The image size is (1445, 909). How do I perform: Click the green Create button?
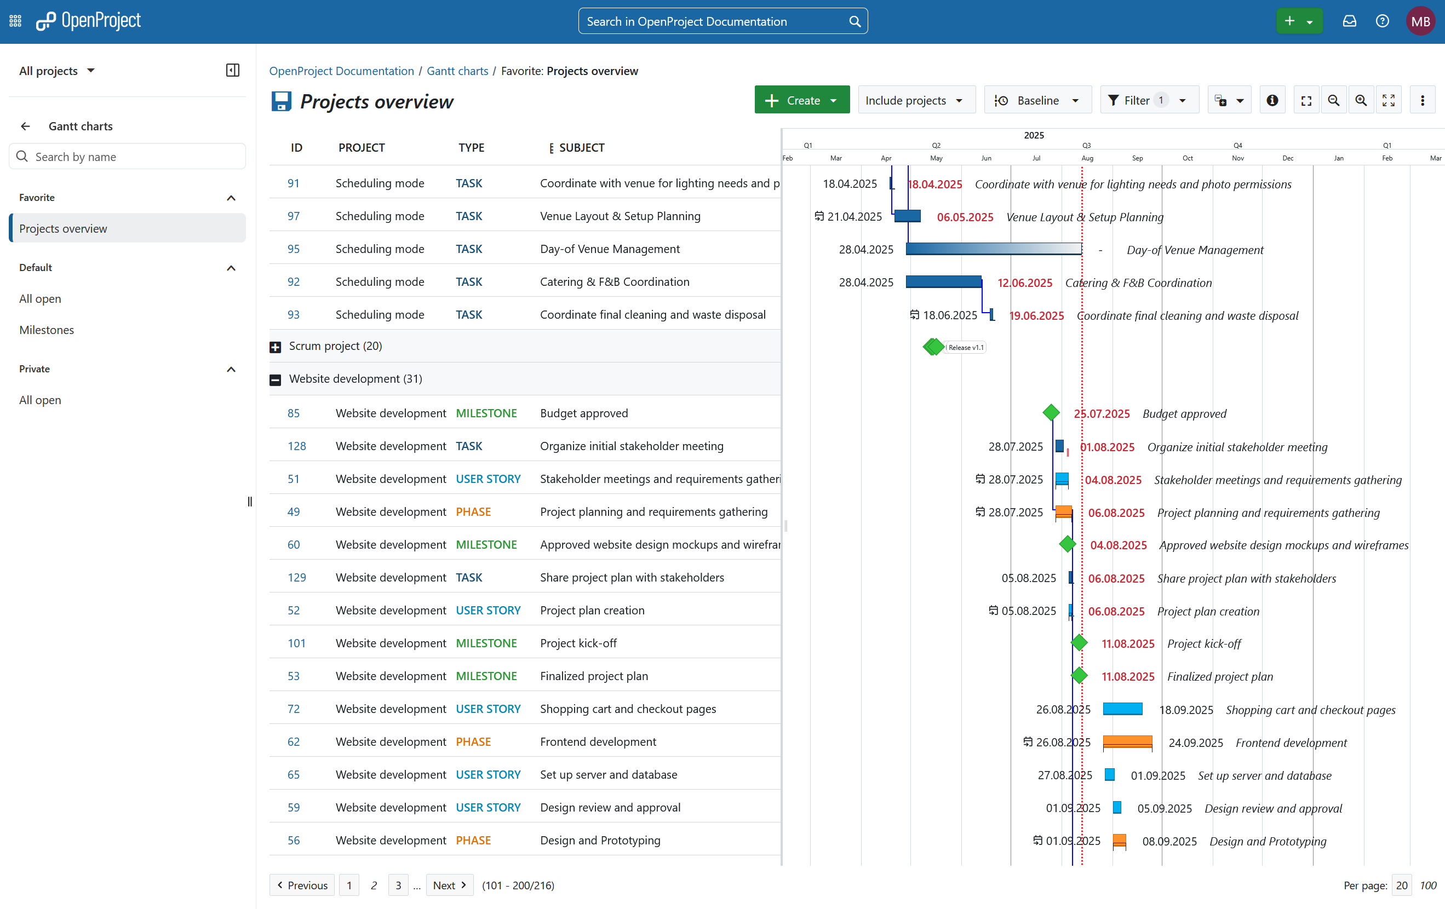point(802,100)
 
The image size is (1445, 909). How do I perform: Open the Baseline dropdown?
point(1037,100)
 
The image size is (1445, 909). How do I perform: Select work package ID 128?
point(296,446)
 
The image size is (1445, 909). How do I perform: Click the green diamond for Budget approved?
point(1051,413)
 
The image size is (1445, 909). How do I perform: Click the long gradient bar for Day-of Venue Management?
point(993,249)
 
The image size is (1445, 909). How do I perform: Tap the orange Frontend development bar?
point(1127,742)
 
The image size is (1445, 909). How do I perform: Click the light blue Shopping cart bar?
point(1122,709)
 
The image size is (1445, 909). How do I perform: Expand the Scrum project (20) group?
point(276,347)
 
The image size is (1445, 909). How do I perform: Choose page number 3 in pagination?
point(398,885)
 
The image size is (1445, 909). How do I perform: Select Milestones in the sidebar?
point(47,330)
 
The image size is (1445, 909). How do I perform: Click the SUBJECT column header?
point(582,148)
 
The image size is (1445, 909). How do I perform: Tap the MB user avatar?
point(1420,21)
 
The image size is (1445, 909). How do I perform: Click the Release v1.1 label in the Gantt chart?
point(965,347)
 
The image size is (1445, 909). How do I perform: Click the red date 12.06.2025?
point(1024,283)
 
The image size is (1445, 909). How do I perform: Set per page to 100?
point(1427,885)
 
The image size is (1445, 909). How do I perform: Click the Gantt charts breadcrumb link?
point(457,71)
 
